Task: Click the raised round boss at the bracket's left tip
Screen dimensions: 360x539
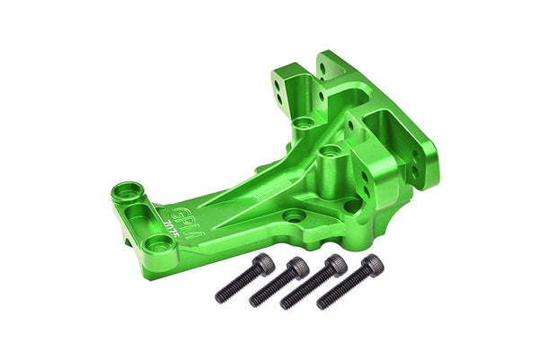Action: [x=127, y=191]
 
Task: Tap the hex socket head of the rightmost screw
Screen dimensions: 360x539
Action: [x=371, y=264]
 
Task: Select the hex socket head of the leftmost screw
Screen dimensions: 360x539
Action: [x=264, y=262]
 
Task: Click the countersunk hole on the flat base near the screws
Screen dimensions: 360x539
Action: [x=294, y=216]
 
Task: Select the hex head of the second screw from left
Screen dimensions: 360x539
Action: [x=298, y=268]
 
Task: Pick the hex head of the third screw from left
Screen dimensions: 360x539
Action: [x=335, y=265]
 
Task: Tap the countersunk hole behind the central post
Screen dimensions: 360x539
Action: [x=304, y=122]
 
